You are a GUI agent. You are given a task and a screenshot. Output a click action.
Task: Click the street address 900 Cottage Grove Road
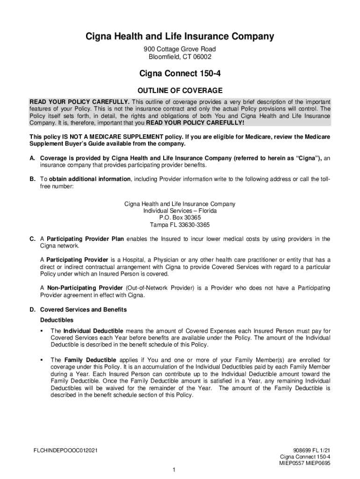(x=180, y=49)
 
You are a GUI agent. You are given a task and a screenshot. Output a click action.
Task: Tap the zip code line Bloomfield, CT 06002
(x=180, y=57)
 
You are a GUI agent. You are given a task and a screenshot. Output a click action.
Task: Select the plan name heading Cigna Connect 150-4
(x=180, y=73)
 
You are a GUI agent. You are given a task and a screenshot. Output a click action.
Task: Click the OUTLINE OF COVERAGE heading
(x=180, y=90)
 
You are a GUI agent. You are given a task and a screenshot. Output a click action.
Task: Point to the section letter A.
(x=32, y=159)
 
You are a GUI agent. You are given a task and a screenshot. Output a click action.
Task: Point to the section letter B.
(x=32, y=179)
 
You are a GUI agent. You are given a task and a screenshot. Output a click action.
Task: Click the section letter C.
(x=32, y=239)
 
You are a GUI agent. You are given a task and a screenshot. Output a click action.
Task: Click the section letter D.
(x=32, y=310)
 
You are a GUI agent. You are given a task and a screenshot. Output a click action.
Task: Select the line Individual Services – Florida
(x=180, y=211)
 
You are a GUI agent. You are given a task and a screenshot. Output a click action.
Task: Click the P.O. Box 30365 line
(x=180, y=218)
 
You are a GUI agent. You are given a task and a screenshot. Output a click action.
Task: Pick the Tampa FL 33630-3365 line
(x=180, y=225)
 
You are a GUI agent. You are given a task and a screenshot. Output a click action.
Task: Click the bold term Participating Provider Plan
(x=85, y=239)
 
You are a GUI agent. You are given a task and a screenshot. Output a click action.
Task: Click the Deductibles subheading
(x=57, y=320)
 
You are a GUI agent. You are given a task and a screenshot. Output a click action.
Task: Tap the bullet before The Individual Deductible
(x=42, y=331)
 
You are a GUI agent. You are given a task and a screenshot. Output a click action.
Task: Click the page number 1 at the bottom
(x=173, y=469)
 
